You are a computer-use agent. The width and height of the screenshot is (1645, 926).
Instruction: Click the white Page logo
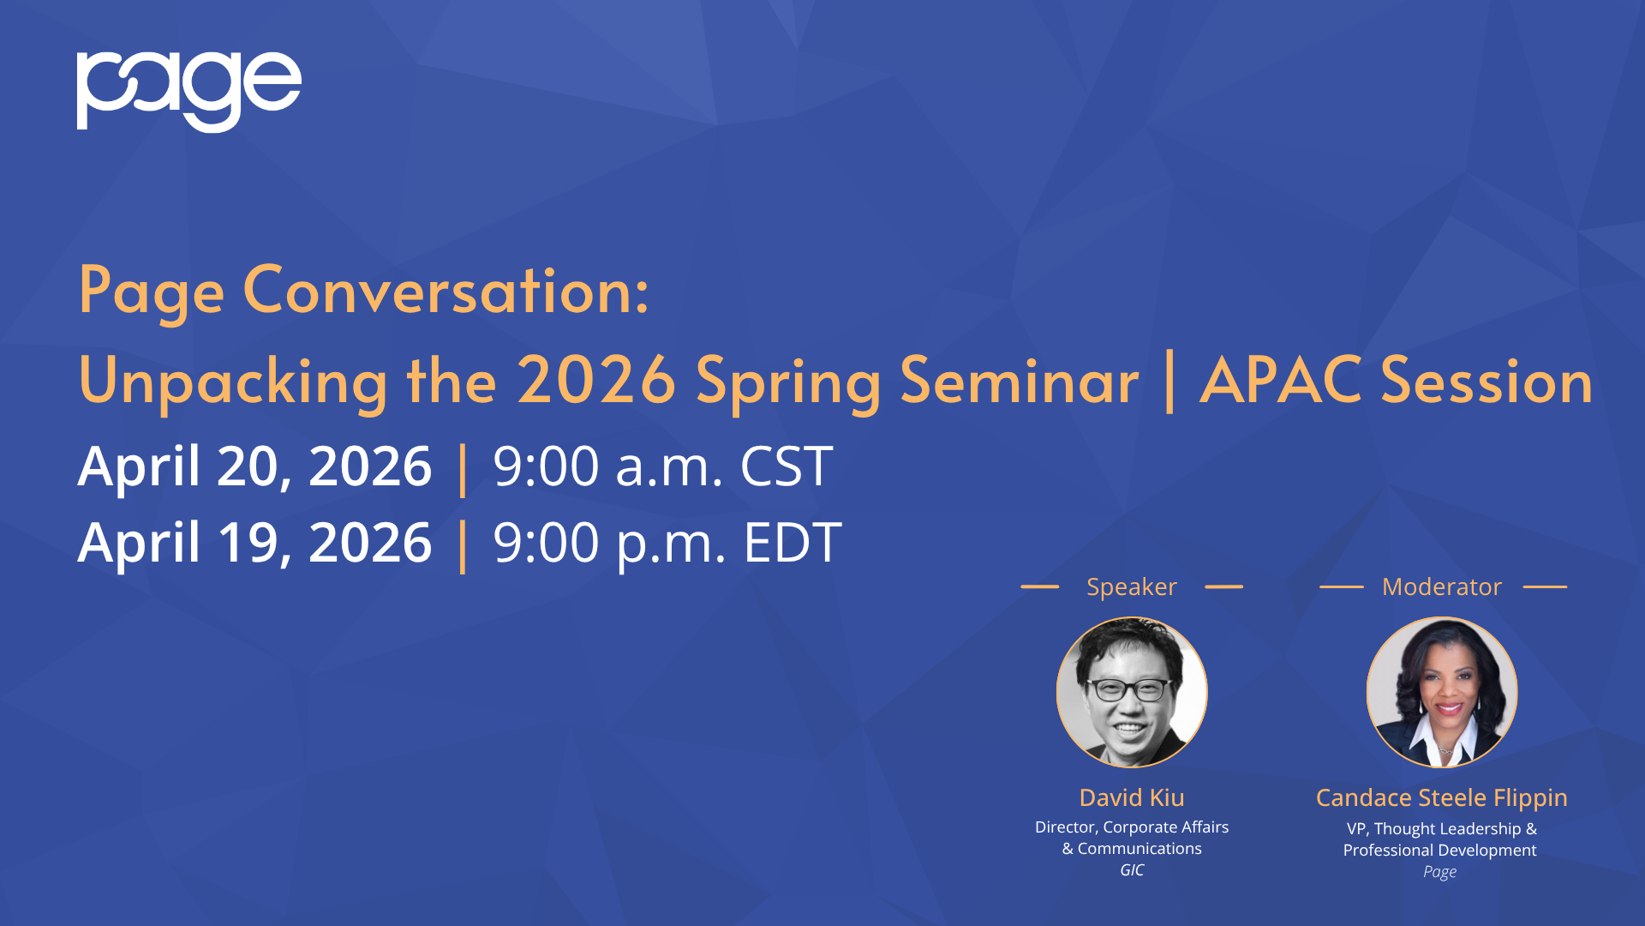[x=189, y=92]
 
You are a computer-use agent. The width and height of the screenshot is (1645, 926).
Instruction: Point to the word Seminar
[x=1020, y=381]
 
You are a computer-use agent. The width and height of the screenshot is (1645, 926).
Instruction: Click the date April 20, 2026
[x=254, y=467]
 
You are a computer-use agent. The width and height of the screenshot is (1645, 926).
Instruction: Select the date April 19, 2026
[x=254, y=544]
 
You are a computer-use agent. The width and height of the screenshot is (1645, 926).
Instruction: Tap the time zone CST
[x=786, y=467]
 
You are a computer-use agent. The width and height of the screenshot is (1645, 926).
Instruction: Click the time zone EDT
[x=793, y=544]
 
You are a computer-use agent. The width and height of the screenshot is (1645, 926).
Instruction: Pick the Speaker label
[x=1132, y=586]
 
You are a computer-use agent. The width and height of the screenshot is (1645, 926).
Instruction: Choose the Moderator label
[x=1442, y=586]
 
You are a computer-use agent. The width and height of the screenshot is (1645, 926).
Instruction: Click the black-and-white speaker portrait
[x=1132, y=692]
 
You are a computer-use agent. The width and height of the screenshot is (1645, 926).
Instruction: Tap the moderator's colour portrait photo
[x=1442, y=692]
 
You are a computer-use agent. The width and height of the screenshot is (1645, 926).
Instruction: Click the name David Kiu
[x=1132, y=797]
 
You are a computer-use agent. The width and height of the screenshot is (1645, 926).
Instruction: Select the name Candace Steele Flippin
[x=1442, y=798]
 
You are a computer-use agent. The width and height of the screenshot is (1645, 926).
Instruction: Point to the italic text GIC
[x=1132, y=870]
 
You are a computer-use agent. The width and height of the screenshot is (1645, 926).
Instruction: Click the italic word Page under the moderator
[x=1440, y=872]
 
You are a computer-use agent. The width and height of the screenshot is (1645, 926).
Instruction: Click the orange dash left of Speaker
[x=1040, y=586]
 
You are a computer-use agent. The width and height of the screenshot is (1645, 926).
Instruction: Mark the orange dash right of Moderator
[x=1546, y=586]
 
